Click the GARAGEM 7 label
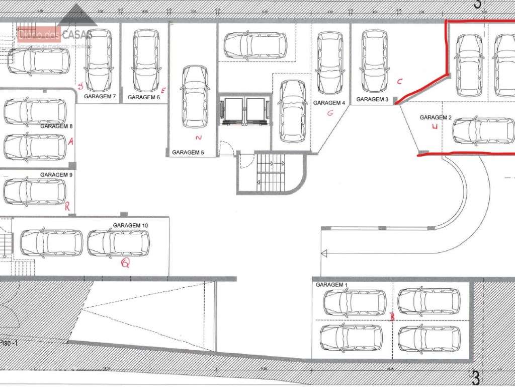[100, 96]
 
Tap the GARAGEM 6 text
[143, 97]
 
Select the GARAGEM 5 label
[188, 152]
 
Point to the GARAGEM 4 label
[329, 103]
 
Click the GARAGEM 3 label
[373, 100]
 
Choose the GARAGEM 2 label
[436, 117]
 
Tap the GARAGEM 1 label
[332, 285]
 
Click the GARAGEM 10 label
[130, 225]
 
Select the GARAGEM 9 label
[56, 174]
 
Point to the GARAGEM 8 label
[56, 126]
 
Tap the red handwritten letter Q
[125, 262]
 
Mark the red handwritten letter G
[330, 113]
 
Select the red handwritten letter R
[68, 206]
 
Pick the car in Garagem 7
[98, 59]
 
